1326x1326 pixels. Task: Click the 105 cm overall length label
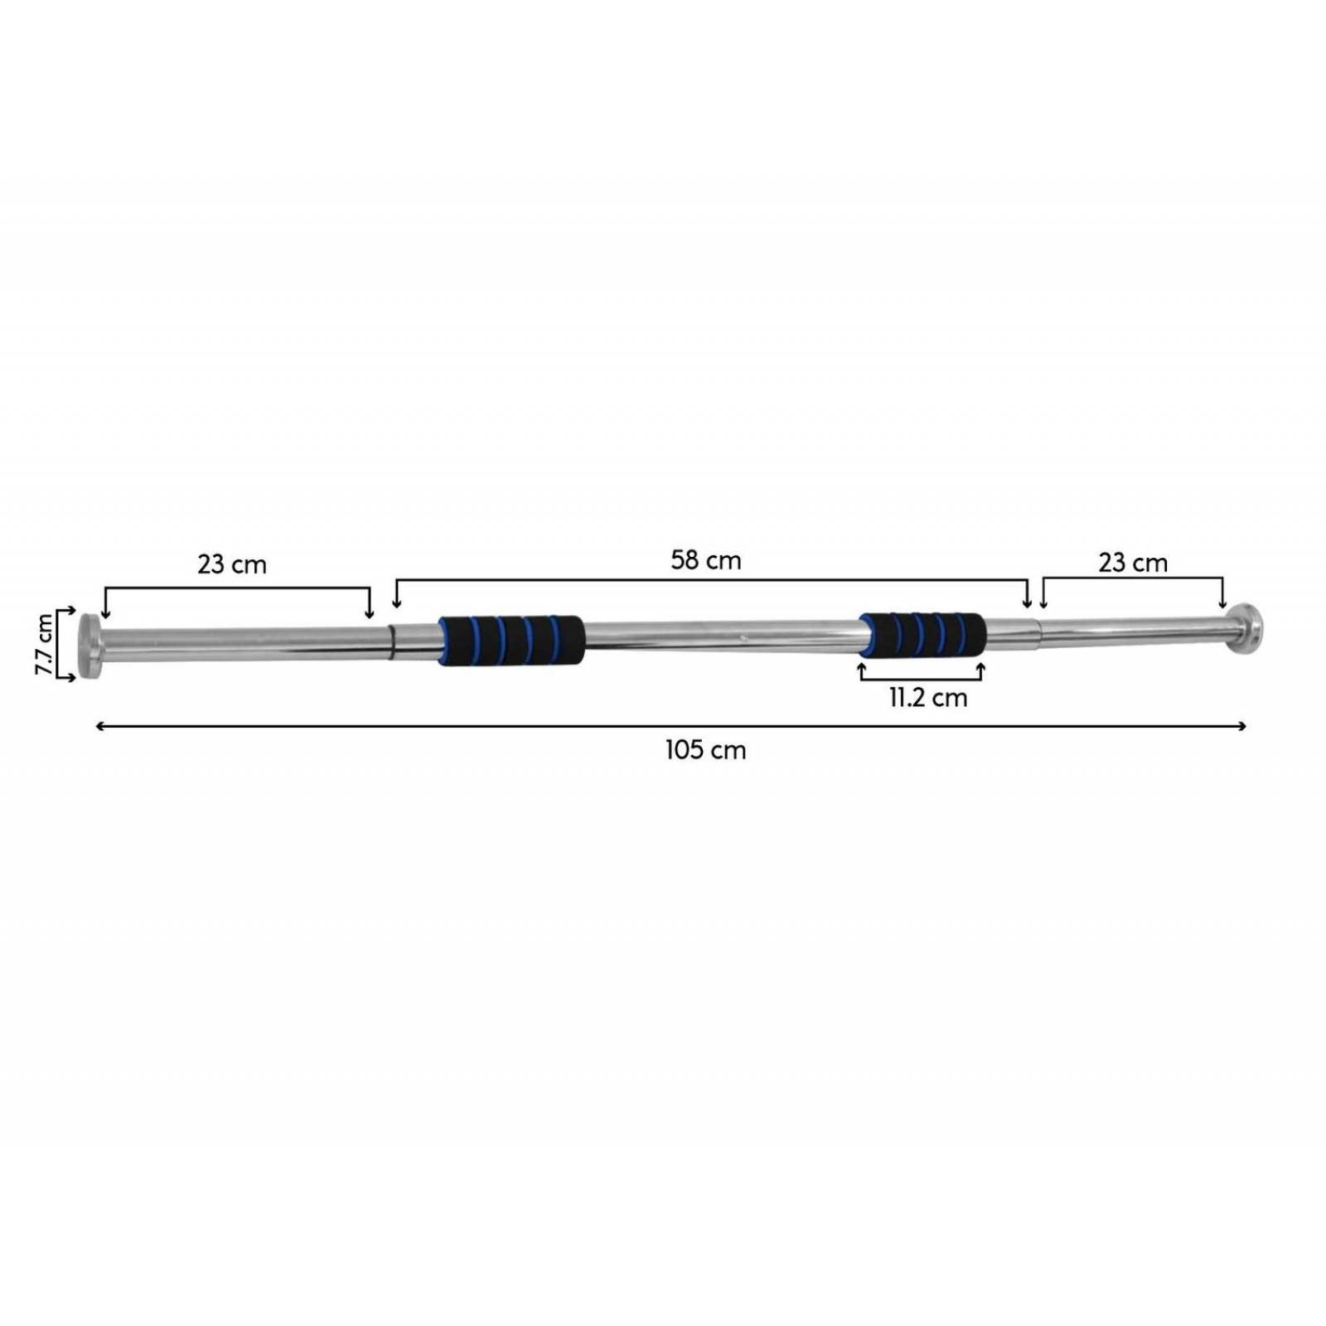705,750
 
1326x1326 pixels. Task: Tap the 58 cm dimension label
706,560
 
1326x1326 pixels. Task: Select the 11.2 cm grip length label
928,698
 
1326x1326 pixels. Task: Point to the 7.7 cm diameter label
45,645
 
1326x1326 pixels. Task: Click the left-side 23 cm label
232,564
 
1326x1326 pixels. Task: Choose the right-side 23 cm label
1133,564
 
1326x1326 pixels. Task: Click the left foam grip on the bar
511,641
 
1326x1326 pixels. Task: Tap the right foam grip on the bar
923,635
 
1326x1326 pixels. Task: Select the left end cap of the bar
89,645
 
